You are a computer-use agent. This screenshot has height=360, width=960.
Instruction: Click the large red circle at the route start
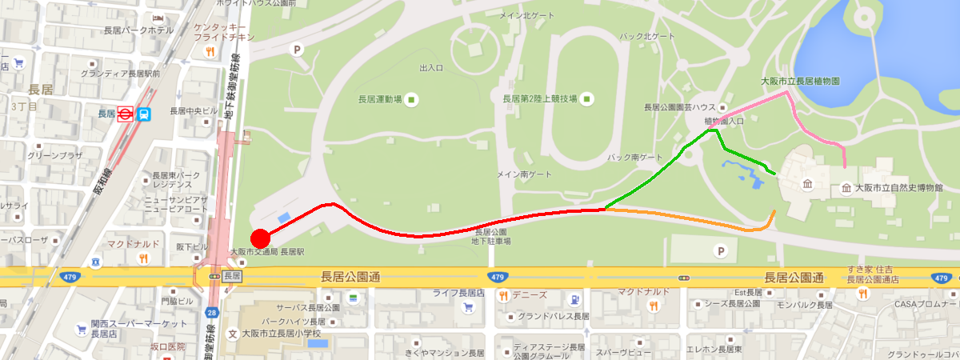(x=260, y=238)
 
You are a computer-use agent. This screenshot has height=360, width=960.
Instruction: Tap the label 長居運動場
(x=380, y=100)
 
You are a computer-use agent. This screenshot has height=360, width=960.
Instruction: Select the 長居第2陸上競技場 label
(x=539, y=99)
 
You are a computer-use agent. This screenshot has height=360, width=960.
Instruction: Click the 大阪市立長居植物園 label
(x=799, y=82)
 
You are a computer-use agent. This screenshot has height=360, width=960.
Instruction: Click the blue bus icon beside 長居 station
(x=144, y=114)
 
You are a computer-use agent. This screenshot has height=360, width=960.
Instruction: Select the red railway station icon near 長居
(x=125, y=114)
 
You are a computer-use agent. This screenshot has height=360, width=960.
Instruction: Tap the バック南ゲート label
(x=635, y=158)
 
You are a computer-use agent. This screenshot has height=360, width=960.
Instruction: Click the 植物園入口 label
(x=723, y=121)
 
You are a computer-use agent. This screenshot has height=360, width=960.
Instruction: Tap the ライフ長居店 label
(x=458, y=294)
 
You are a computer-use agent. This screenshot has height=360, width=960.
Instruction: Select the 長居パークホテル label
(x=138, y=30)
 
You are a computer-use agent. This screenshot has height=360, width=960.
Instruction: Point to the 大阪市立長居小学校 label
(x=280, y=333)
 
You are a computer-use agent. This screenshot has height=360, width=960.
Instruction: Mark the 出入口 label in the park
(x=431, y=69)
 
